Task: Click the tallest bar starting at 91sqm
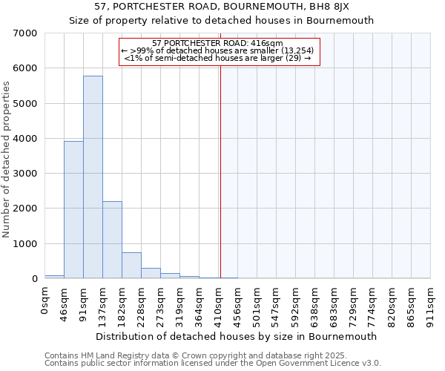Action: click(x=93, y=178)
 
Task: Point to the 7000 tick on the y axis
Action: click(x=25, y=33)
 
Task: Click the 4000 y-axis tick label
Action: click(x=25, y=139)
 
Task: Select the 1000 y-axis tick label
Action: click(x=25, y=244)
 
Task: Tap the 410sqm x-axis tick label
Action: click(x=219, y=303)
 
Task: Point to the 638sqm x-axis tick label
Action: click(x=315, y=303)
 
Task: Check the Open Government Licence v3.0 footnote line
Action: click(x=213, y=364)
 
